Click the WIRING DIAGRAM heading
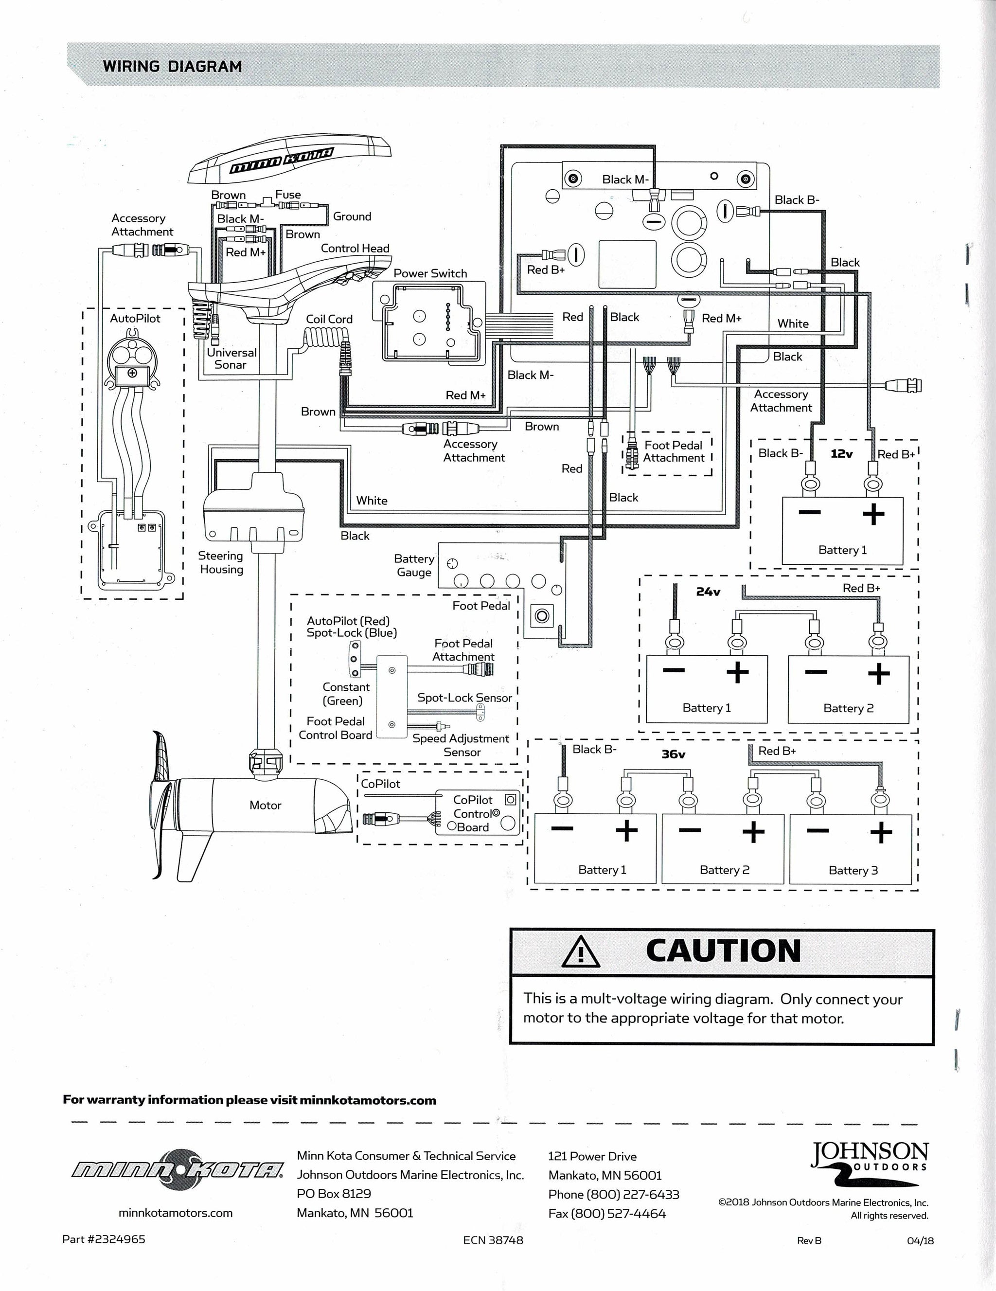point(173,66)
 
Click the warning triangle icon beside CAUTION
point(581,952)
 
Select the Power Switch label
point(430,273)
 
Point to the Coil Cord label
point(329,319)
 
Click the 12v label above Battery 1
point(841,454)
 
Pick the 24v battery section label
point(708,591)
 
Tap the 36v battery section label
point(673,754)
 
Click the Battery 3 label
point(853,870)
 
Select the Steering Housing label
point(220,563)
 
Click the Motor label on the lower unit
point(265,805)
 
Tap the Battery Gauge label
point(414,566)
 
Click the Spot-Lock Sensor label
point(464,698)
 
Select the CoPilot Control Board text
point(473,814)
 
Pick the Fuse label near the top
point(288,195)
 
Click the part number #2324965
point(104,1239)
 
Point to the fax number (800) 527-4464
point(607,1214)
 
